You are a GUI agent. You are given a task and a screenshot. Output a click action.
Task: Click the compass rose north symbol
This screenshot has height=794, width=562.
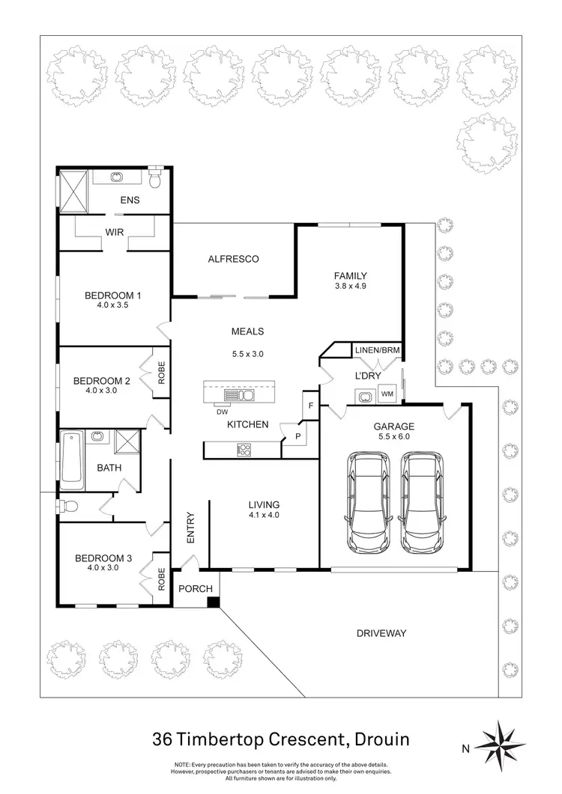pos(501,745)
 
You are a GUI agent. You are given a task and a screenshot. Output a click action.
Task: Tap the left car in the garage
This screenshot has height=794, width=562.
pos(365,502)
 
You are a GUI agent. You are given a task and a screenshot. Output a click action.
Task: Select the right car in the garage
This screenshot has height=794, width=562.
pos(420,502)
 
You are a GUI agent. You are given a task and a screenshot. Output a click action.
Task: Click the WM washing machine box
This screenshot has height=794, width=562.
pos(387,394)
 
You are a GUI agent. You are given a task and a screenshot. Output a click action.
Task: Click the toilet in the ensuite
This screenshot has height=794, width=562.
pos(155,180)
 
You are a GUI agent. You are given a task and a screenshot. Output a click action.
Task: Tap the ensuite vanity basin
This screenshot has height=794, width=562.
pos(117,178)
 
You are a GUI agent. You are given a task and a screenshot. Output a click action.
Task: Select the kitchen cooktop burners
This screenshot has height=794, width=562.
pos(244,450)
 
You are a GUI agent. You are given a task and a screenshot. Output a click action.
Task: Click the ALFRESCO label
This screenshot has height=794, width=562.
pos(233,259)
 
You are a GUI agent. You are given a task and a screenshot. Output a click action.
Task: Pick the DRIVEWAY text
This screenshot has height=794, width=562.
pos(380,633)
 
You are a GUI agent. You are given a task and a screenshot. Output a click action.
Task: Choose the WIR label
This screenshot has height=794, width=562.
pos(114,233)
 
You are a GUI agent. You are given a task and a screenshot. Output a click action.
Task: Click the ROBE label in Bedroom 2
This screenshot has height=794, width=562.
pos(161,372)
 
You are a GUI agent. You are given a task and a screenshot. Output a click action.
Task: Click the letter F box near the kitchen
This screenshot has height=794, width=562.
pos(310,405)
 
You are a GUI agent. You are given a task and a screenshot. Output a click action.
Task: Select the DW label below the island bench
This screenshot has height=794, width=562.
pos(222,411)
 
